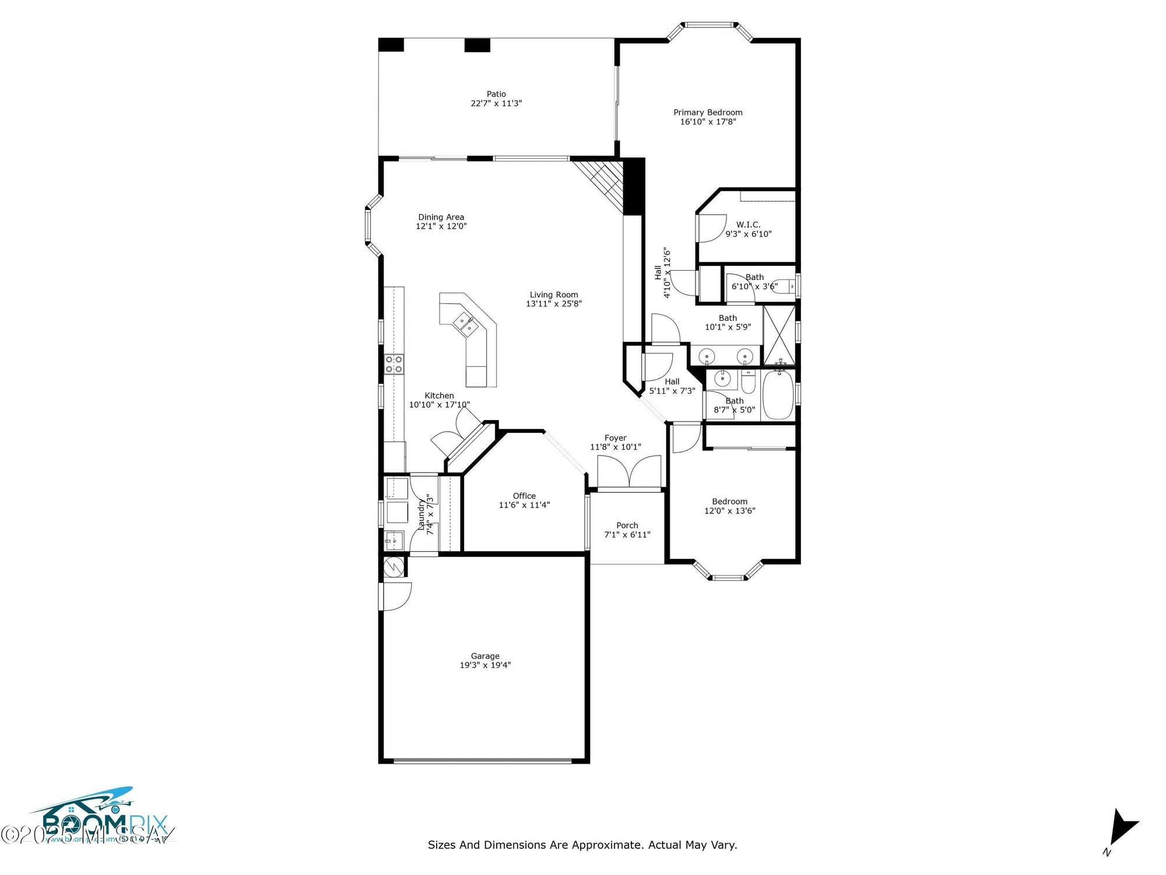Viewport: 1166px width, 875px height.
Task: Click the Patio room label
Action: [496, 94]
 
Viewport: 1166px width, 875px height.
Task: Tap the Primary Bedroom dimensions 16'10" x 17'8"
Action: [708, 122]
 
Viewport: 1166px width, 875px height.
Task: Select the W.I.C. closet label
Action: [748, 225]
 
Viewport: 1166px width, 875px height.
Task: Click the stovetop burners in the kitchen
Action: [394, 365]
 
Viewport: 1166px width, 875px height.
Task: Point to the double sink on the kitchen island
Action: [466, 324]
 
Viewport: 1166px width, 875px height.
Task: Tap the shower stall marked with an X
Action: [779, 335]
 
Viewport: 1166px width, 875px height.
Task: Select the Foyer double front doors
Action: [629, 471]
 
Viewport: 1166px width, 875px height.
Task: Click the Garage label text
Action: [485, 656]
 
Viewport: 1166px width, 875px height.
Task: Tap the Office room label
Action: [524, 496]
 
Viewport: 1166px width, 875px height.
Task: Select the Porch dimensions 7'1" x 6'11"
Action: [627, 534]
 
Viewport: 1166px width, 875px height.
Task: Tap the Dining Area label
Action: [441, 217]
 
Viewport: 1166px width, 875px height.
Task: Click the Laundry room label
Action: [421, 514]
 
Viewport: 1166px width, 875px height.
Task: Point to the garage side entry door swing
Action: [397, 596]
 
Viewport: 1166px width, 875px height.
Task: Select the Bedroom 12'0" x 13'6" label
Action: [729, 502]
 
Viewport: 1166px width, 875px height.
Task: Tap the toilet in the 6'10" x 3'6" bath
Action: [782, 286]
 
